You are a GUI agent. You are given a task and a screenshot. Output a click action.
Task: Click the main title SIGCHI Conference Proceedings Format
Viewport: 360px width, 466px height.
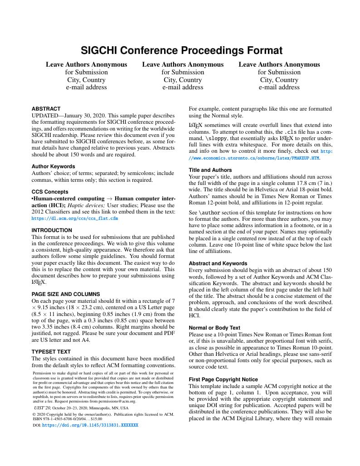(x=181, y=50)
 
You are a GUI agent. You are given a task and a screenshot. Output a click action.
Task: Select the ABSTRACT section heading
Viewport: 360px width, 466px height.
(x=46, y=109)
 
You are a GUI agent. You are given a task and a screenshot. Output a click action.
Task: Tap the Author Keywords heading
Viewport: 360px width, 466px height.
(x=54, y=166)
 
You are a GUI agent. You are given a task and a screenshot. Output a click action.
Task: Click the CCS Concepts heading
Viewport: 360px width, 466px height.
(x=50, y=192)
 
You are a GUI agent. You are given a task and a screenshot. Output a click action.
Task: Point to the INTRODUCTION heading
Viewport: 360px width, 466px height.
(x=52, y=230)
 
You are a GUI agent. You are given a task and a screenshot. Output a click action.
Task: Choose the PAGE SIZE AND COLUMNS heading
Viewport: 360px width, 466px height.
(x=66, y=294)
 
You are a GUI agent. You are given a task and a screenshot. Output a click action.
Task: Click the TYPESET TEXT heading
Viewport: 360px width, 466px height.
(x=51, y=351)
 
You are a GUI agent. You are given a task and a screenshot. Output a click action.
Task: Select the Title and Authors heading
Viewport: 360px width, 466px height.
(x=210, y=170)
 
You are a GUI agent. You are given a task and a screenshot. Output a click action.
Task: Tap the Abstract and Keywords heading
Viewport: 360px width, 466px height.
(x=218, y=263)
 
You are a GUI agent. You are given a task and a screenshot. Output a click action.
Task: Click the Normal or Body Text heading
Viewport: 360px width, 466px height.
(x=214, y=328)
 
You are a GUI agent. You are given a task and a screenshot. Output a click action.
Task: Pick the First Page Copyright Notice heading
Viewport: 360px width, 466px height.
(x=223, y=379)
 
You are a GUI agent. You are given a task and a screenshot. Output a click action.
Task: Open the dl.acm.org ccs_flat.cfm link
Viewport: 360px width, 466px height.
(x=75, y=218)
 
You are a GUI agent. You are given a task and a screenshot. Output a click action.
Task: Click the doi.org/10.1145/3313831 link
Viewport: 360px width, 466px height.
(x=90, y=426)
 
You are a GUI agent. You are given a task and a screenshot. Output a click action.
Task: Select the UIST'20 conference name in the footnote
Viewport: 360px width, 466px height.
(x=42, y=408)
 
